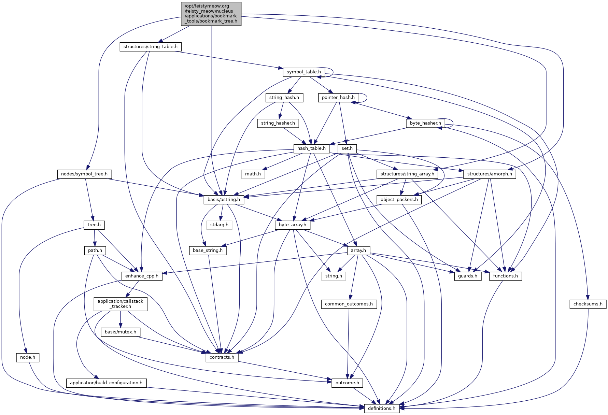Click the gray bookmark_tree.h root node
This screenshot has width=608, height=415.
point(211,14)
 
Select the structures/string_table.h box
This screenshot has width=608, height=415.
point(150,47)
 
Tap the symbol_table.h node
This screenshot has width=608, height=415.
point(303,72)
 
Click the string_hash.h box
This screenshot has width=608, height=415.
point(284,98)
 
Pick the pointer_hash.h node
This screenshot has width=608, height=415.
point(338,98)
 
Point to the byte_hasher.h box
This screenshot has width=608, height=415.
point(425,123)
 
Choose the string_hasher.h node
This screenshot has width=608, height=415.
point(278,123)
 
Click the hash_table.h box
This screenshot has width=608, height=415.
point(311,148)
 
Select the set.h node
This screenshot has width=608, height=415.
point(347,148)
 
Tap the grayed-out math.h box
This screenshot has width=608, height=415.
point(253,174)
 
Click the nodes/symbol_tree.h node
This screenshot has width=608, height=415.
point(84,174)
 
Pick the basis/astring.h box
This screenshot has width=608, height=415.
point(224,200)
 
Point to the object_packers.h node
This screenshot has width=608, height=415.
point(399,200)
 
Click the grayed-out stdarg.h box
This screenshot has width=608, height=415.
point(219,225)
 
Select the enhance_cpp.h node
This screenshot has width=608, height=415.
point(142,276)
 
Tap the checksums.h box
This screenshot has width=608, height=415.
point(588,304)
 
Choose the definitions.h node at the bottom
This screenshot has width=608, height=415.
point(381,409)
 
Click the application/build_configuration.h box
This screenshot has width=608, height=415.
point(106,383)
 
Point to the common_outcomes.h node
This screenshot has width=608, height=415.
point(349,304)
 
